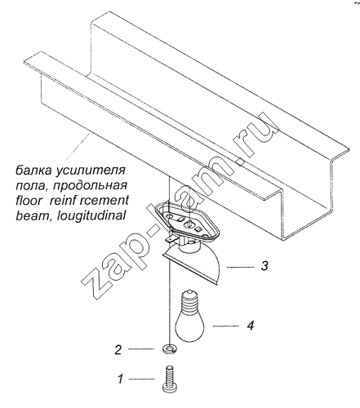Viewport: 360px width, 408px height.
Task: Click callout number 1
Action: tap(121, 379)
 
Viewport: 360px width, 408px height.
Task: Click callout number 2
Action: tap(118, 349)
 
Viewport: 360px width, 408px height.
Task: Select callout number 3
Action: tap(264, 266)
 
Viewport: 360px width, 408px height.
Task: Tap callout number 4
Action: tap(251, 326)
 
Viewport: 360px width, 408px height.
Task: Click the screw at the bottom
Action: tap(170, 379)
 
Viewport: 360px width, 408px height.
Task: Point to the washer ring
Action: tap(170, 348)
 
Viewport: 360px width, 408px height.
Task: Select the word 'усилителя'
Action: tap(91, 171)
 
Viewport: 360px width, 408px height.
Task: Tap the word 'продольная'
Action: tap(91, 187)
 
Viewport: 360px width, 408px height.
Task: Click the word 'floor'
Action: tap(29, 201)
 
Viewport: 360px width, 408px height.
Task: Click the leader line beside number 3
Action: tap(240, 268)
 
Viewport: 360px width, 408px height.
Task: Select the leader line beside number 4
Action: tap(226, 326)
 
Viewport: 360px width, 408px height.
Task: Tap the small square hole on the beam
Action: tap(241, 162)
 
